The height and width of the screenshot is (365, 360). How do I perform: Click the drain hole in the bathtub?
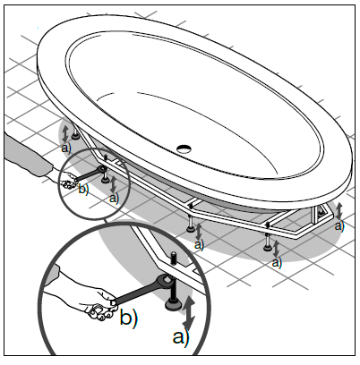184,148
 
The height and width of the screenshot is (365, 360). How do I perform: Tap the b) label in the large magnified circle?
129,317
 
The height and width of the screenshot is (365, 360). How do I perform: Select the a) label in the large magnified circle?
181,337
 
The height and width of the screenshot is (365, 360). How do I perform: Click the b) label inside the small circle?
83,190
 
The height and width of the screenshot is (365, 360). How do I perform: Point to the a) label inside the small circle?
114,198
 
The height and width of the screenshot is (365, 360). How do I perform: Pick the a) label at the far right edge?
339,225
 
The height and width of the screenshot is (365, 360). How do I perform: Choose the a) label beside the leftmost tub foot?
66,149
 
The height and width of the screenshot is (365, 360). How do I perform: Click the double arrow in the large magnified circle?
189,312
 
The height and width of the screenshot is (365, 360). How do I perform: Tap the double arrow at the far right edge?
339,211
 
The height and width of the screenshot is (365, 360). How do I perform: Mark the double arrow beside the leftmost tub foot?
65,133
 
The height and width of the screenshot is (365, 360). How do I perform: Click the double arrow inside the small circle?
113,184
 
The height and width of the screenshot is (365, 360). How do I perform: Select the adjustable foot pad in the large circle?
173,305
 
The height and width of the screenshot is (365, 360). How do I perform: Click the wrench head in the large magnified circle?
165,281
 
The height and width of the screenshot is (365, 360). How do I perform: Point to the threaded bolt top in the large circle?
173,258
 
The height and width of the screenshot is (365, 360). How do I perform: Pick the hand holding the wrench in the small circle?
68,182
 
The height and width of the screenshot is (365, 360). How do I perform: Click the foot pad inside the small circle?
105,180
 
